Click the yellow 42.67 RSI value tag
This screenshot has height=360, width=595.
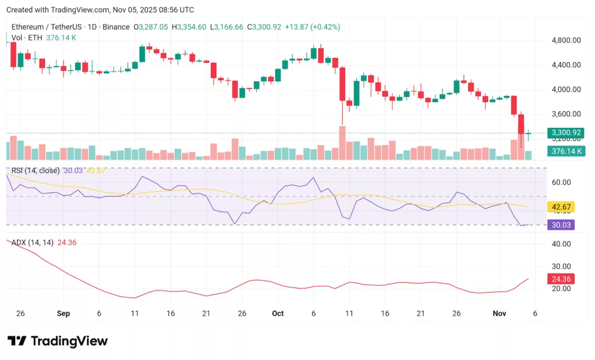[561, 207]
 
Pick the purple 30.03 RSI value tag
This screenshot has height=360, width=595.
[561, 225]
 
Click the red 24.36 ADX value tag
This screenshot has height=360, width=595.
[561, 279]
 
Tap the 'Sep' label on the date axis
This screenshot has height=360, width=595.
[63, 314]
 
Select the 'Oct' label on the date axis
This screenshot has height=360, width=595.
[278, 314]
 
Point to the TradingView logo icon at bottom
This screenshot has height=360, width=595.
[17, 341]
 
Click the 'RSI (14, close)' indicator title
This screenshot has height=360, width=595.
[35, 170]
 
